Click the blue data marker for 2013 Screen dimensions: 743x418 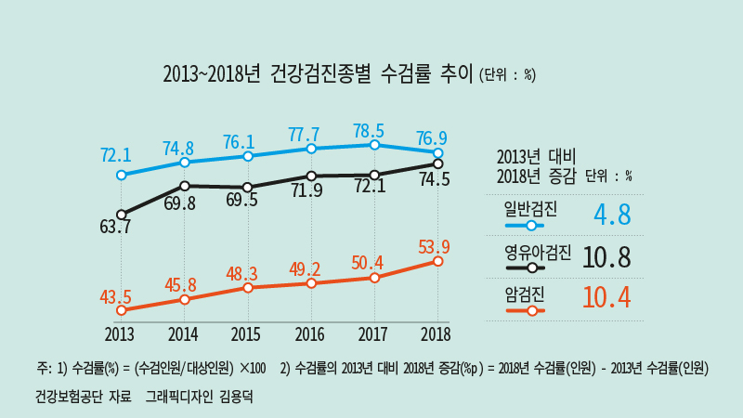click(x=122, y=176)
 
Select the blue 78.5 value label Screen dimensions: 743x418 click(x=369, y=131)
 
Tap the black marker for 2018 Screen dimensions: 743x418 click(x=437, y=164)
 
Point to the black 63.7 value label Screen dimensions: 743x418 click(x=115, y=227)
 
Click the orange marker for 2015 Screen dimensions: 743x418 click(x=247, y=288)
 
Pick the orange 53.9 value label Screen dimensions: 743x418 click(x=434, y=247)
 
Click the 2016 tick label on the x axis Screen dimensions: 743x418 click(x=310, y=334)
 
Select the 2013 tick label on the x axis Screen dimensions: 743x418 click(x=120, y=334)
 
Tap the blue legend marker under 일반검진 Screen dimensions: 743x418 click(x=531, y=226)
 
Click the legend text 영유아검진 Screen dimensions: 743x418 click(x=538, y=253)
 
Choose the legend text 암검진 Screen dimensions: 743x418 click(x=525, y=295)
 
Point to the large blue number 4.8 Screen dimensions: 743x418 click(x=612, y=215)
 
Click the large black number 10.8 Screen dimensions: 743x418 click(x=606, y=257)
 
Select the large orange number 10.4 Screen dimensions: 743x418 click(x=606, y=298)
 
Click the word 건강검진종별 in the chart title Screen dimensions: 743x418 click(x=320, y=74)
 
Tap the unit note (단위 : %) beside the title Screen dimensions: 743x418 click(x=507, y=75)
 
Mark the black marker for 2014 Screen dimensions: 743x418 click(x=185, y=186)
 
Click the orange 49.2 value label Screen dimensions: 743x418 click(x=305, y=269)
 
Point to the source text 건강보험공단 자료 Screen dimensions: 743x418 click(x=84, y=397)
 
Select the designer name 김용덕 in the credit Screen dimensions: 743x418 click(x=236, y=397)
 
